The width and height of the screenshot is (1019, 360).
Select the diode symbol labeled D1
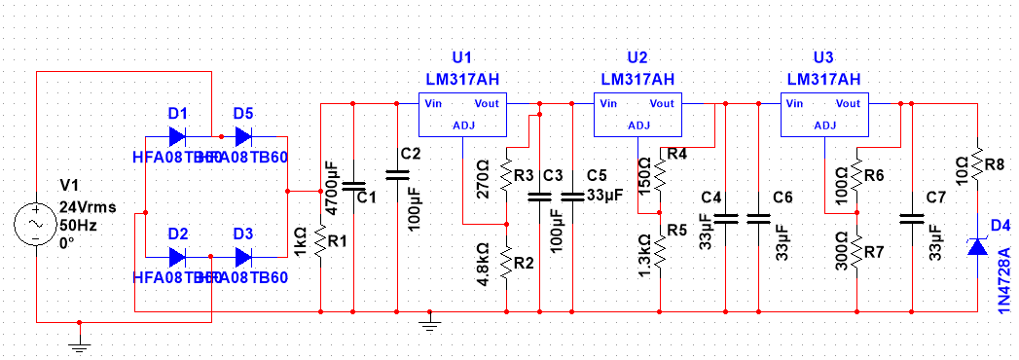point(177,135)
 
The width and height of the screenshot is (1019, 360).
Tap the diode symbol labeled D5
point(243,135)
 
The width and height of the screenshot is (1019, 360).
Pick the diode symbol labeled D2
point(177,257)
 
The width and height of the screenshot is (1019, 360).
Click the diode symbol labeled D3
point(243,257)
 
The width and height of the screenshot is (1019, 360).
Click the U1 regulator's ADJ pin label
point(462,125)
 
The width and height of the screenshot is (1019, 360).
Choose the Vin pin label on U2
point(608,103)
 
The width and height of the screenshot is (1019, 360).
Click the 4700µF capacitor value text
point(331,187)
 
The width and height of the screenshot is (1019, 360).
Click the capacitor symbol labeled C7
point(910,218)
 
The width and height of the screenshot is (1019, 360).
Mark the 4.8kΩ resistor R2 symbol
point(506,260)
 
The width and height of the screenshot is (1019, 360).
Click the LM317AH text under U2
point(637,79)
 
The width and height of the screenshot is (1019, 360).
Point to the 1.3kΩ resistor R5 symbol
point(659,253)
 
